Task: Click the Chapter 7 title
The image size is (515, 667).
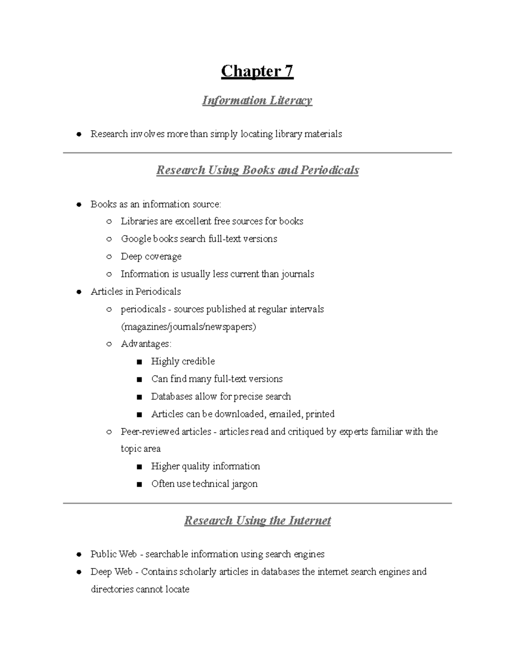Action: [x=257, y=71]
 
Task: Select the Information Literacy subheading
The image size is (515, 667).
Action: [x=257, y=101]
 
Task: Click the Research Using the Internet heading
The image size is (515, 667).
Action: [x=257, y=521]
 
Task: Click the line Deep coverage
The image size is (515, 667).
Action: [x=151, y=256]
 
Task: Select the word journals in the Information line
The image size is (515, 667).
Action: [x=297, y=274]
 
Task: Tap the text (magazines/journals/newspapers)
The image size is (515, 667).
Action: [x=188, y=327]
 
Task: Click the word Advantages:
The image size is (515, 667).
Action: [x=146, y=344]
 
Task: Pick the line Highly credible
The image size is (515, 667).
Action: [x=183, y=362]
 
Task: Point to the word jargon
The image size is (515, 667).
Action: [x=245, y=484]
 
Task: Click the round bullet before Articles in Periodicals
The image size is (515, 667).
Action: [x=79, y=292]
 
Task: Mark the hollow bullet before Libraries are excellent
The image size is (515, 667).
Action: [x=109, y=222]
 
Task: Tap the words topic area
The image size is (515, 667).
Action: [x=141, y=449]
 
